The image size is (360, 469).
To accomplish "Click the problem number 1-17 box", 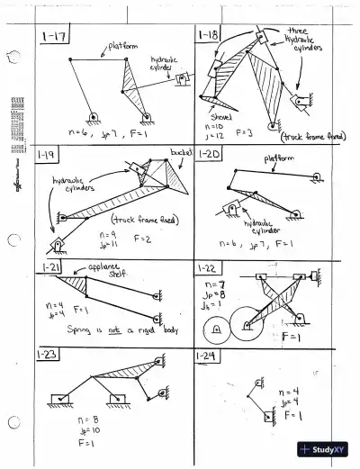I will (56, 37).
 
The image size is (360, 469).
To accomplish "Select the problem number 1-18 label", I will (209, 36).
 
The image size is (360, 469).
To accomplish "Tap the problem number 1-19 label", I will (47, 155).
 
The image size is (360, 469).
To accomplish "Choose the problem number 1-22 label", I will (209, 268).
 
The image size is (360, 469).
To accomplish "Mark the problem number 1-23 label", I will (51, 356).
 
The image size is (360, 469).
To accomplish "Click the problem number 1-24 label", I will (209, 356).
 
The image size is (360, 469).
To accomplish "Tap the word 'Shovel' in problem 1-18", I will (221, 117).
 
